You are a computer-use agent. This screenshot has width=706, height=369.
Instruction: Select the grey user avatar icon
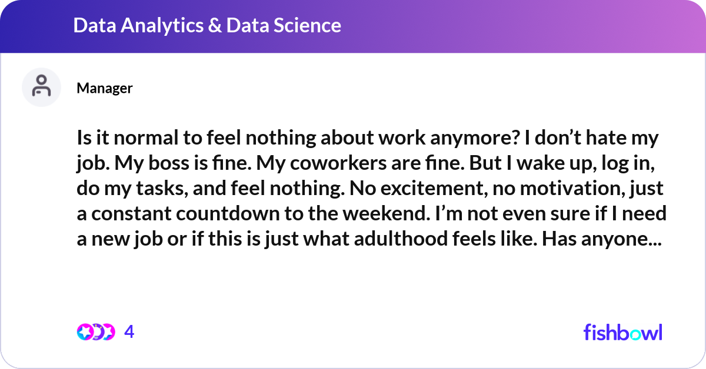41,87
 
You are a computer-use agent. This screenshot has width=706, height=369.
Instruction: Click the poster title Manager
105,88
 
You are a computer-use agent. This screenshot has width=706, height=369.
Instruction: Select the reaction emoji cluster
95,332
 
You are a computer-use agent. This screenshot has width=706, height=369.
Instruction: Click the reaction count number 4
129,332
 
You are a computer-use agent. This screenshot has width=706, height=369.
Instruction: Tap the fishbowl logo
622,333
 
